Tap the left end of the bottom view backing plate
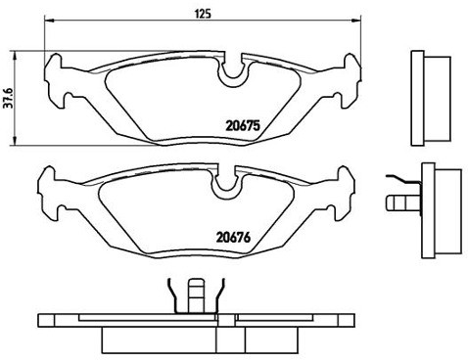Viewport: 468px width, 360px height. pos(43,321)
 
